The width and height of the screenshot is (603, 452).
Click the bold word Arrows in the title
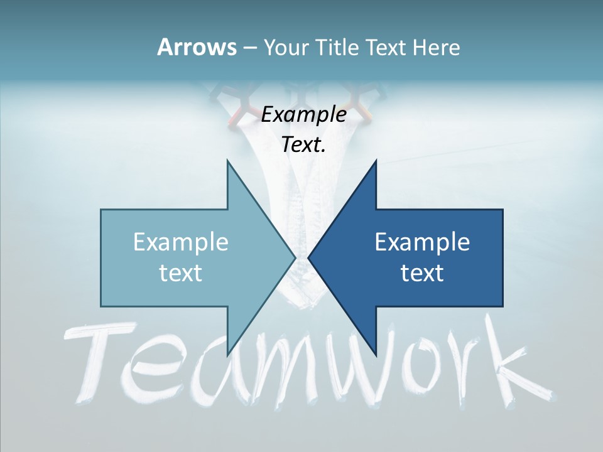click(x=196, y=47)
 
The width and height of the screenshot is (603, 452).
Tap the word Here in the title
click(x=436, y=47)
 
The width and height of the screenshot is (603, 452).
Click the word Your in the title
click(x=286, y=47)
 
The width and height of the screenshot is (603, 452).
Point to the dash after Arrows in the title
click(x=249, y=48)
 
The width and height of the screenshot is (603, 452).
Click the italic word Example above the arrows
click(x=304, y=114)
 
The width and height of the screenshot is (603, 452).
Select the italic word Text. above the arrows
click(x=304, y=144)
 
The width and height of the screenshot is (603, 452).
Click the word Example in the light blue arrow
click(x=181, y=242)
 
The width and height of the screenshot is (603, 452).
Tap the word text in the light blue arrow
click(x=181, y=272)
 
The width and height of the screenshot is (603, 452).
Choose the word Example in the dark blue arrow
click(x=422, y=242)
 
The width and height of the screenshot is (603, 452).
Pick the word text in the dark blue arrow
click(x=422, y=272)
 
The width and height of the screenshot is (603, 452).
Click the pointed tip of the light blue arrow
click(x=295, y=257)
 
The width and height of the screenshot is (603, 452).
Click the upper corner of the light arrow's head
click(x=227, y=161)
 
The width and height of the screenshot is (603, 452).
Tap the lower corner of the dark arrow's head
click(x=376, y=355)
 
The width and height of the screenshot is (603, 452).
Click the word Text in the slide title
click(x=386, y=47)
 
